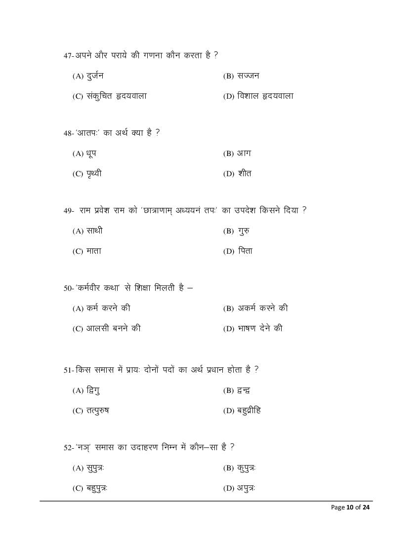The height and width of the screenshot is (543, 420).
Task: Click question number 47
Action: [x=68, y=56]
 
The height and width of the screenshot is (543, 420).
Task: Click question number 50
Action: [x=68, y=288]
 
